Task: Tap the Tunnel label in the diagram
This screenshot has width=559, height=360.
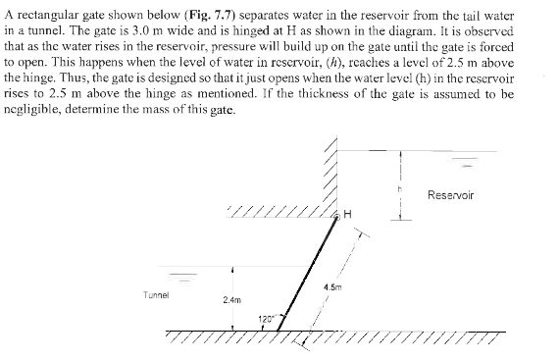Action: tap(156, 292)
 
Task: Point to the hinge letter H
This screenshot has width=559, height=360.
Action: tap(349, 214)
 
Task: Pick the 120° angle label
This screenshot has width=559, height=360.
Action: tap(267, 319)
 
